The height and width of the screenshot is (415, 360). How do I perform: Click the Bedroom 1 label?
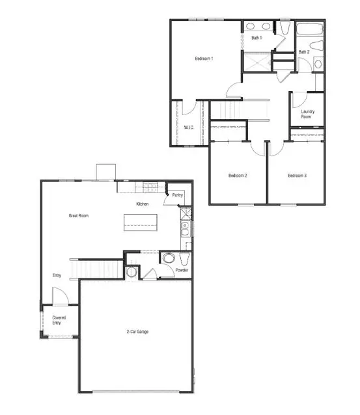(x=204, y=59)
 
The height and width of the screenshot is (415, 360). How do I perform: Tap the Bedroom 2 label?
(x=237, y=176)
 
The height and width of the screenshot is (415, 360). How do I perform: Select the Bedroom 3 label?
(x=297, y=176)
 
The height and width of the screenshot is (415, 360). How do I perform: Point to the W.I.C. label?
(x=189, y=127)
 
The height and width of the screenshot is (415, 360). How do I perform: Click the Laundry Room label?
(x=308, y=114)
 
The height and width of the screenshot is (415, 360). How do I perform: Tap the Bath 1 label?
(x=256, y=38)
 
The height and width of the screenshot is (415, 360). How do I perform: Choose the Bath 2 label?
(x=304, y=52)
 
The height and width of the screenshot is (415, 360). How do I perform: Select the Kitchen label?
(x=143, y=204)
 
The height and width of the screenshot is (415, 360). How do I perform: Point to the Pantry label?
(x=177, y=195)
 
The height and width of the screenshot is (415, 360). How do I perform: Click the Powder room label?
(x=182, y=269)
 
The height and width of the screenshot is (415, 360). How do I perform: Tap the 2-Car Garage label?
(x=137, y=332)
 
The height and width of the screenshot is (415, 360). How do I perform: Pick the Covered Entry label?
(x=59, y=320)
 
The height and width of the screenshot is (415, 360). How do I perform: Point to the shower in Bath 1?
(x=256, y=62)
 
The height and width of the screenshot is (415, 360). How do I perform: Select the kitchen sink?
(x=185, y=228)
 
